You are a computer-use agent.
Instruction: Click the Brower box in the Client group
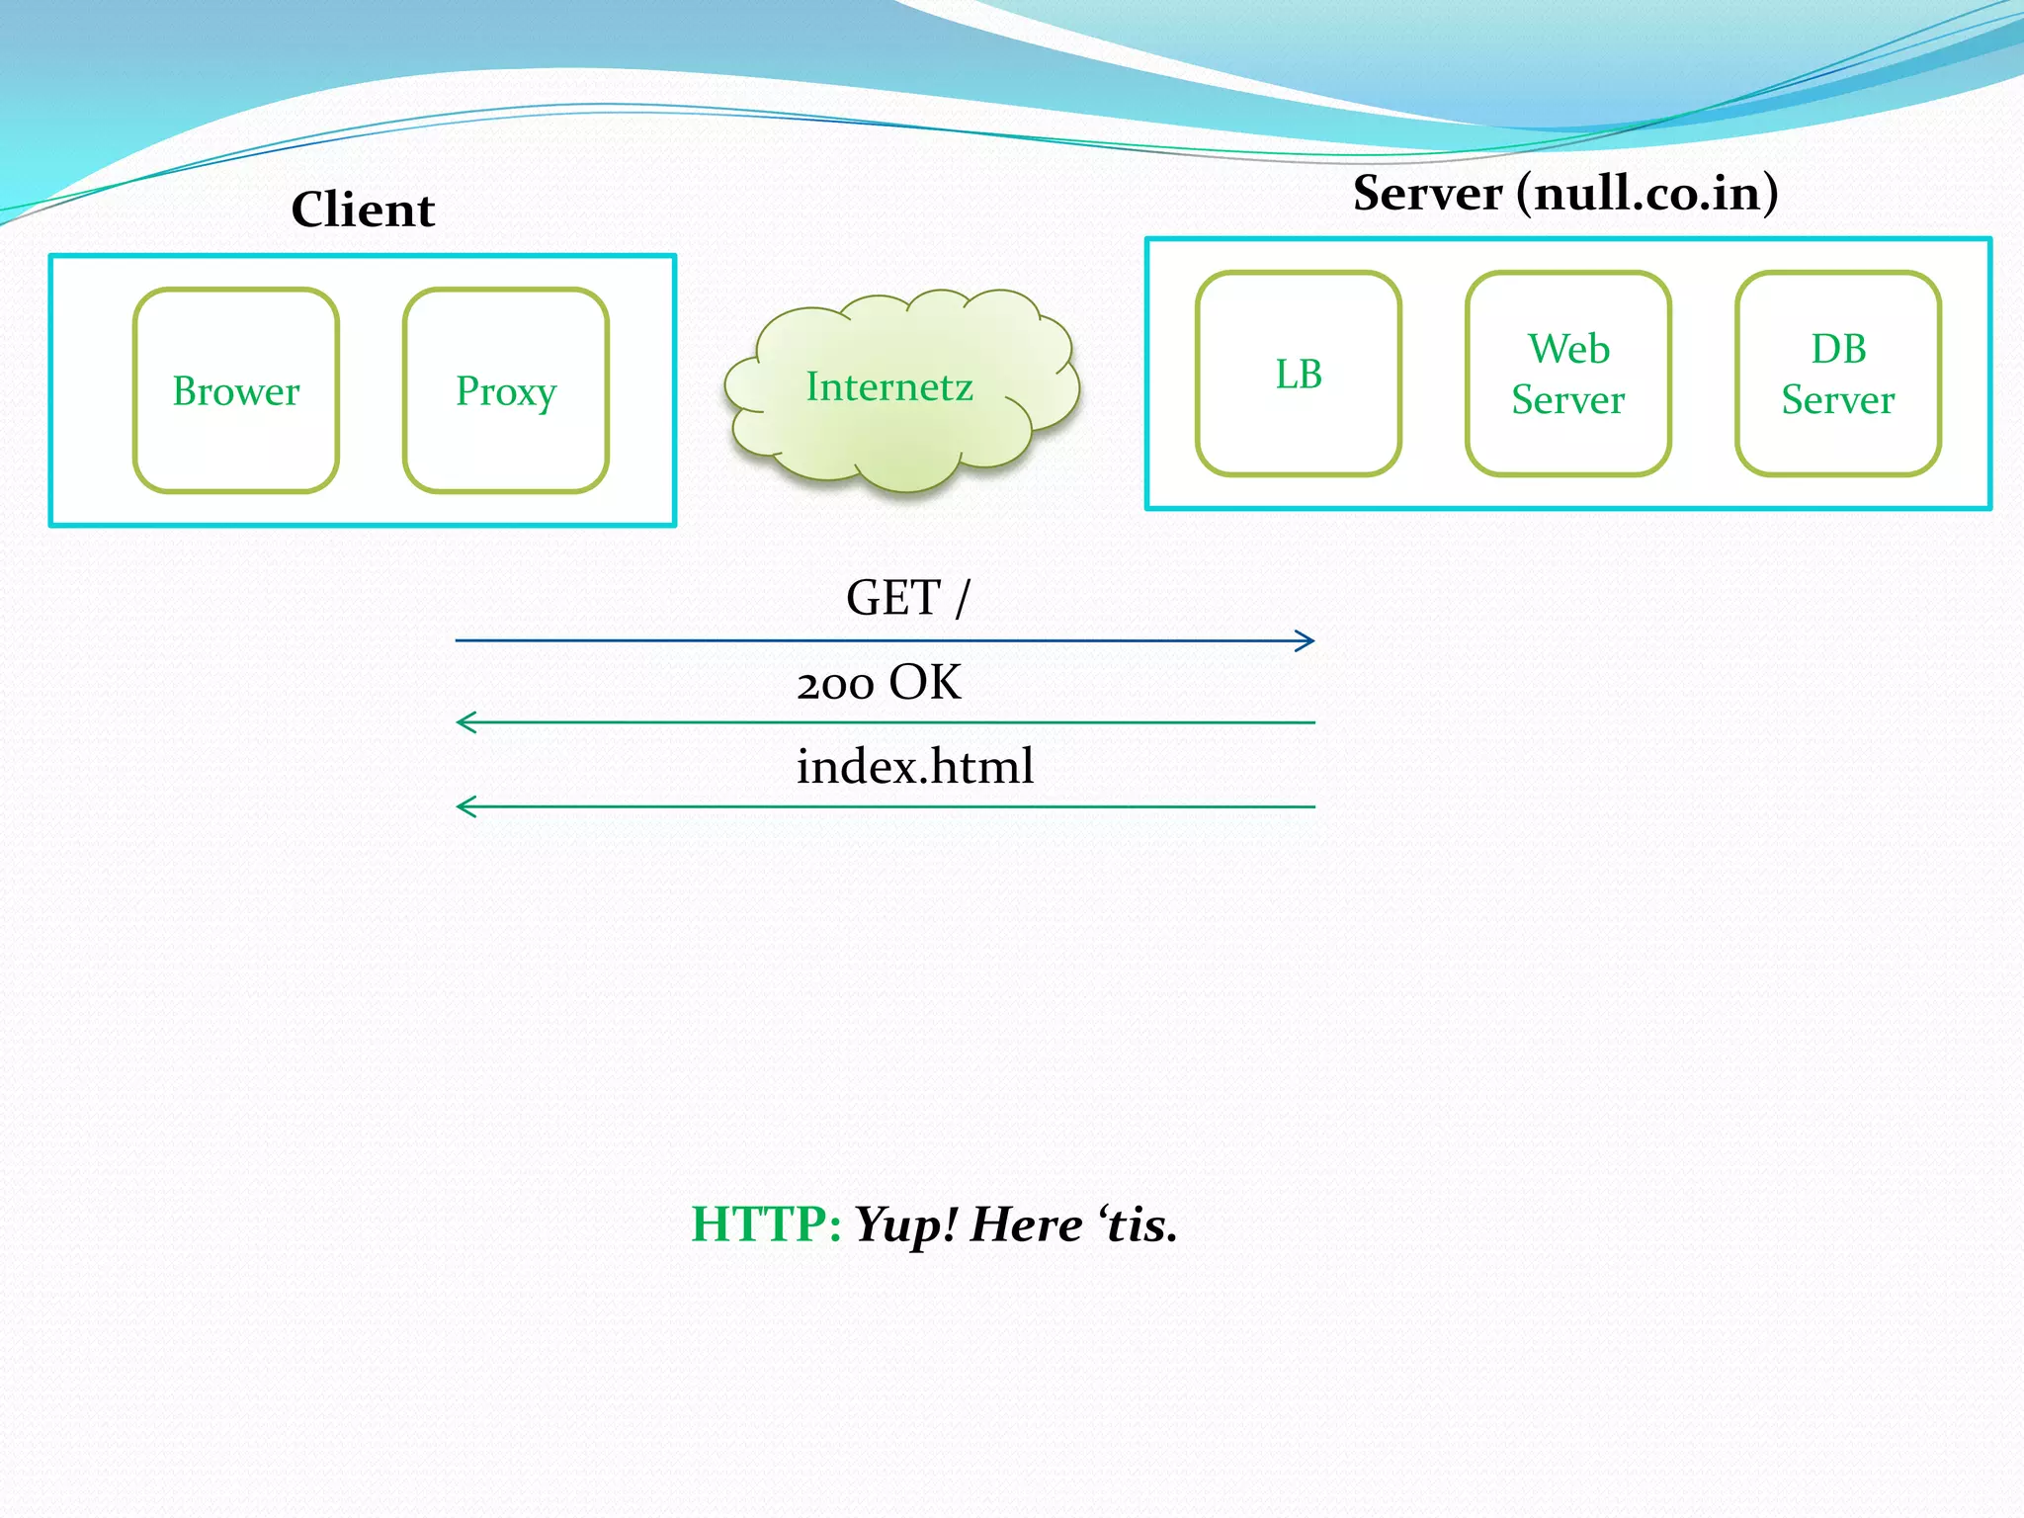(x=236, y=391)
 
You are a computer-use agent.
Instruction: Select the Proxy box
(x=506, y=391)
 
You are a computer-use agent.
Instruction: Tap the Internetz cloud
(x=889, y=387)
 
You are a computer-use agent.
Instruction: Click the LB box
(x=1298, y=375)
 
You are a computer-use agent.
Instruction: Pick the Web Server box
(x=1568, y=375)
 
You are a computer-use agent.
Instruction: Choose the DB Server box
(x=1838, y=375)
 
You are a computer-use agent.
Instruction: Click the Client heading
(x=363, y=210)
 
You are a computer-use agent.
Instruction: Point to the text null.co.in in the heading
(x=1648, y=193)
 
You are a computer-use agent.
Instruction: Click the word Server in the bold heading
(x=1427, y=193)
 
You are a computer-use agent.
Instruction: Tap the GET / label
(x=907, y=598)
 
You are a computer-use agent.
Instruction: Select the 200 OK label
(x=879, y=683)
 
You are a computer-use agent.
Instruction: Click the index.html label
(x=915, y=767)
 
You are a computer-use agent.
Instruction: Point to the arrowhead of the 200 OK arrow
(x=464, y=722)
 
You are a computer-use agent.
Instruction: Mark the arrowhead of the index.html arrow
(x=464, y=806)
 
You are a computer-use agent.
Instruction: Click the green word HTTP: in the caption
(x=766, y=1224)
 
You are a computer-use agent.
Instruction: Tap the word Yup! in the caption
(x=906, y=1225)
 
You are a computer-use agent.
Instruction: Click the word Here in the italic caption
(x=1026, y=1224)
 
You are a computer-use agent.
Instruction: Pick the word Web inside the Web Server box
(x=1568, y=349)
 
